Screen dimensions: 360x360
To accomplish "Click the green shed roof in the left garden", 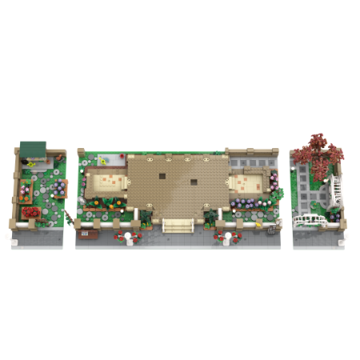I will point(33,149).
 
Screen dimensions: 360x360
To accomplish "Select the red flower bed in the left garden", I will point(32,213).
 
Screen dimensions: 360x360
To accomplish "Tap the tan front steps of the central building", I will point(178,225).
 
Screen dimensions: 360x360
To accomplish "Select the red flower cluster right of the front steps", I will point(221,236).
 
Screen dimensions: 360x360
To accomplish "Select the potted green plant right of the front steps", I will point(210,216).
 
